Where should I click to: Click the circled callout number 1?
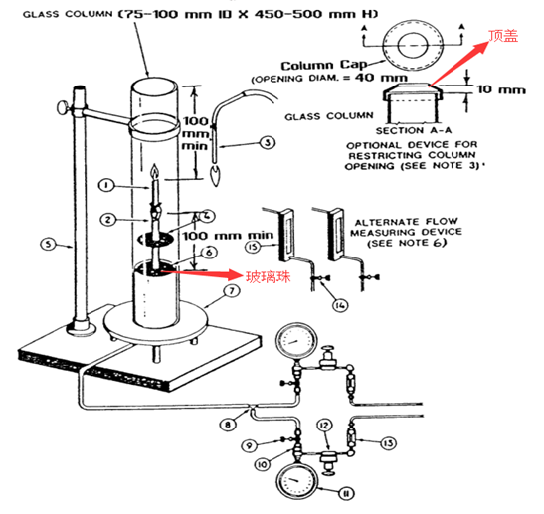click(x=106, y=185)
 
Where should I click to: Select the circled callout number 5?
click(x=48, y=244)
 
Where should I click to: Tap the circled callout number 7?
click(x=232, y=290)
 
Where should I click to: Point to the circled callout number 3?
click(x=268, y=142)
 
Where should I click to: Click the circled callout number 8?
click(x=228, y=425)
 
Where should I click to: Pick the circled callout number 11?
click(x=345, y=493)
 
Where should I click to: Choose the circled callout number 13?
click(x=388, y=442)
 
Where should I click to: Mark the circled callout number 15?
click(x=254, y=247)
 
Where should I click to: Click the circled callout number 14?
click(x=340, y=305)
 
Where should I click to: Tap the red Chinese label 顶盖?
click(x=504, y=36)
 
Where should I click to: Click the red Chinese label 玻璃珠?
click(x=269, y=276)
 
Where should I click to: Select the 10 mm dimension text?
click(x=501, y=89)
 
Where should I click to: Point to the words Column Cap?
click(x=323, y=65)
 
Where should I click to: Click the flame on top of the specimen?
click(x=154, y=172)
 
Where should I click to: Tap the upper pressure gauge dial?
click(x=296, y=341)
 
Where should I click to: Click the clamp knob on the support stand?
click(x=63, y=106)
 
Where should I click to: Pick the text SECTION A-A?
click(x=414, y=130)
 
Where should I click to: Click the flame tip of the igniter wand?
click(x=216, y=176)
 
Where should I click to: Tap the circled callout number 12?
click(x=324, y=426)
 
